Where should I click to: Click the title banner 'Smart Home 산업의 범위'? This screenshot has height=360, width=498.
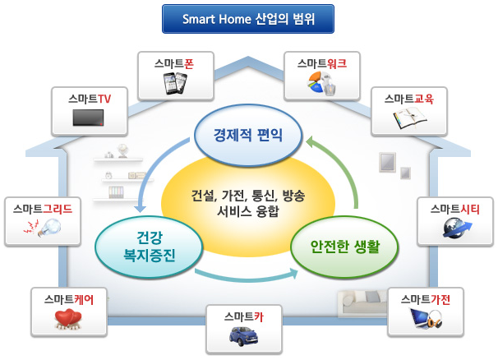click(x=248, y=19)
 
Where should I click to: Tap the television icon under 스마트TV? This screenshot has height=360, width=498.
click(x=88, y=118)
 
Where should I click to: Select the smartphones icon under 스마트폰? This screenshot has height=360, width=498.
click(x=175, y=83)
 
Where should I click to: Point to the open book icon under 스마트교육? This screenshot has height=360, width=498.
click(x=410, y=118)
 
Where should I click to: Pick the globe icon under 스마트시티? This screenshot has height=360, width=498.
click(x=457, y=228)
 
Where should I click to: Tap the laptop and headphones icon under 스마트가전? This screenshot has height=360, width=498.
click(x=426, y=319)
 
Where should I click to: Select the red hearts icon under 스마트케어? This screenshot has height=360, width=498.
click(x=68, y=319)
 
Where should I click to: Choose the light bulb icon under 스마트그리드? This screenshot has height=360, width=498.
click(x=43, y=228)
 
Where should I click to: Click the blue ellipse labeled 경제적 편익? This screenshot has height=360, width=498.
click(x=247, y=136)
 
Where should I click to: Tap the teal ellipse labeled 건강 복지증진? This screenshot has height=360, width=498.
click(x=149, y=247)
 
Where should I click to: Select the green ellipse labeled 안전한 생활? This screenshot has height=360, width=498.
click(x=344, y=247)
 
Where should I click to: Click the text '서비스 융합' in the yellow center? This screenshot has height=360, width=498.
click(x=248, y=211)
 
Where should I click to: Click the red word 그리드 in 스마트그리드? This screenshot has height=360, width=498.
click(x=58, y=209)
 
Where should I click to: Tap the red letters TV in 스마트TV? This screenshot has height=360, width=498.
click(x=104, y=99)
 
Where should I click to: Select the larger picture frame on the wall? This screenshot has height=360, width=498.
click(x=387, y=162)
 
